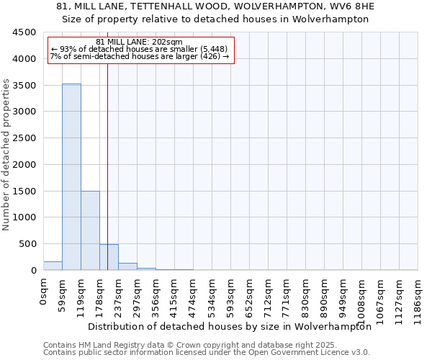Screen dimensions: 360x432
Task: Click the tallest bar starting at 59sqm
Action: pyautogui.click(x=71, y=176)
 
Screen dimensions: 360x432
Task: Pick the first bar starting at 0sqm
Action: pyautogui.click(x=53, y=266)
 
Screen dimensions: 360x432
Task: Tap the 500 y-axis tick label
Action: pyautogui.click(x=27, y=244)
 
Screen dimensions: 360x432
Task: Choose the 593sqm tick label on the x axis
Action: pyautogui.click(x=230, y=297)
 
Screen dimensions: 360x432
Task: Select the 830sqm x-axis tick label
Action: pyautogui.click(x=305, y=297)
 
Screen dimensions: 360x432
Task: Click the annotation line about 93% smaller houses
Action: pyautogui.click(x=139, y=49)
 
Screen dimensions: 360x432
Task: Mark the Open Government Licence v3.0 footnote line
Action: pyautogui.click(x=207, y=352)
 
